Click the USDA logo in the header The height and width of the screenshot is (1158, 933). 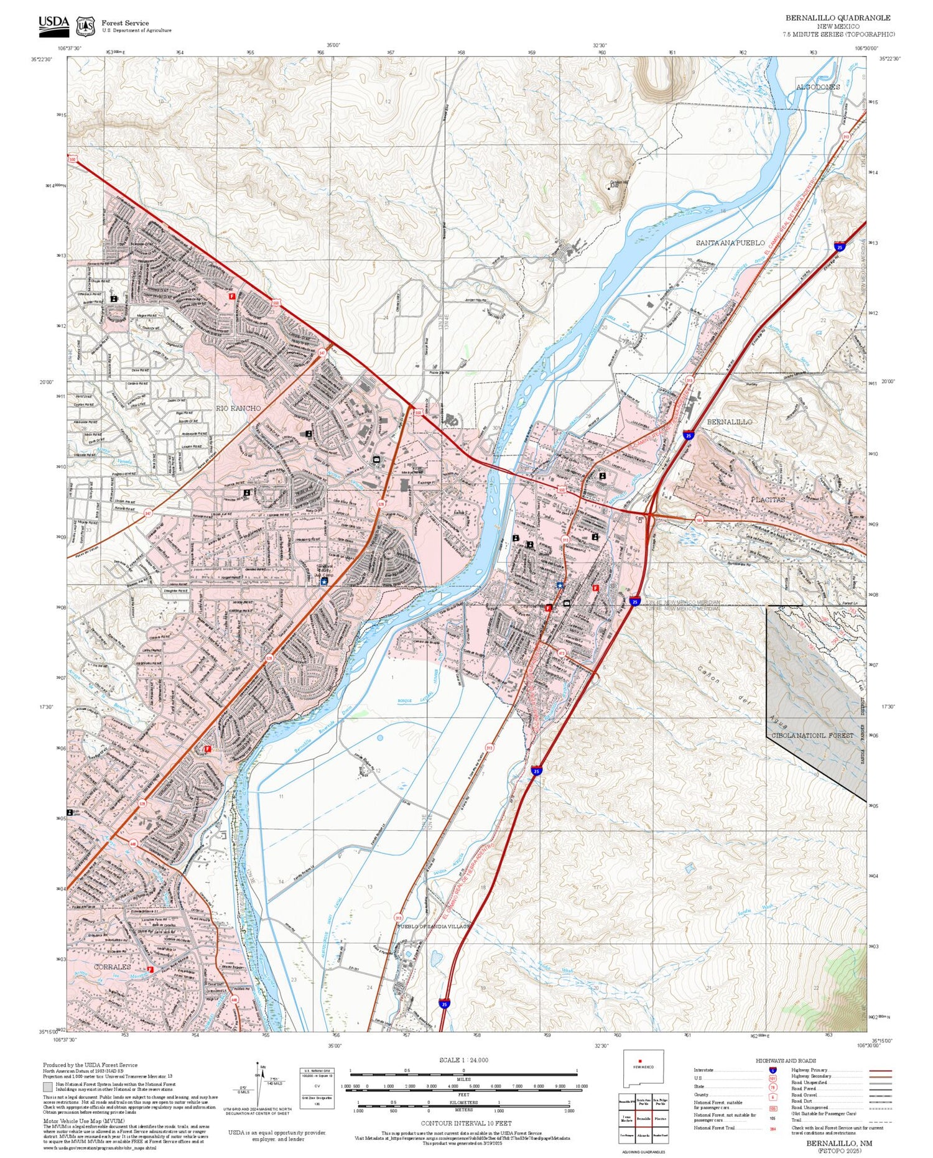(53, 24)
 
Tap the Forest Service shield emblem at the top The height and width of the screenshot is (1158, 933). (85, 26)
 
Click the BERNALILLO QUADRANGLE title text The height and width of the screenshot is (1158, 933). (837, 17)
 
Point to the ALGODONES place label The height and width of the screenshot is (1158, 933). (818, 87)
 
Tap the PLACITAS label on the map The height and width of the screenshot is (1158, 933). (768, 499)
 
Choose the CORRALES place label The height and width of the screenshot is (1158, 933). (113, 967)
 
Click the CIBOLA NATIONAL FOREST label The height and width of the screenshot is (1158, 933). (812, 735)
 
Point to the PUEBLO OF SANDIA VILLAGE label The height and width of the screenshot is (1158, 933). (434, 926)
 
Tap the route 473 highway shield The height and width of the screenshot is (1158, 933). (561, 653)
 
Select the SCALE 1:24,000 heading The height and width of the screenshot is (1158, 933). (463, 1060)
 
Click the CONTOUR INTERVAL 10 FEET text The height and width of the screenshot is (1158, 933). (466, 1123)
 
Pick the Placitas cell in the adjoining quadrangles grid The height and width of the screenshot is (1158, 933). (661, 1118)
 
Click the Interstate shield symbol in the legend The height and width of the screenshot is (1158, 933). (773, 1070)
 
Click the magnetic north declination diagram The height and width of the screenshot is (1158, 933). (258, 1082)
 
